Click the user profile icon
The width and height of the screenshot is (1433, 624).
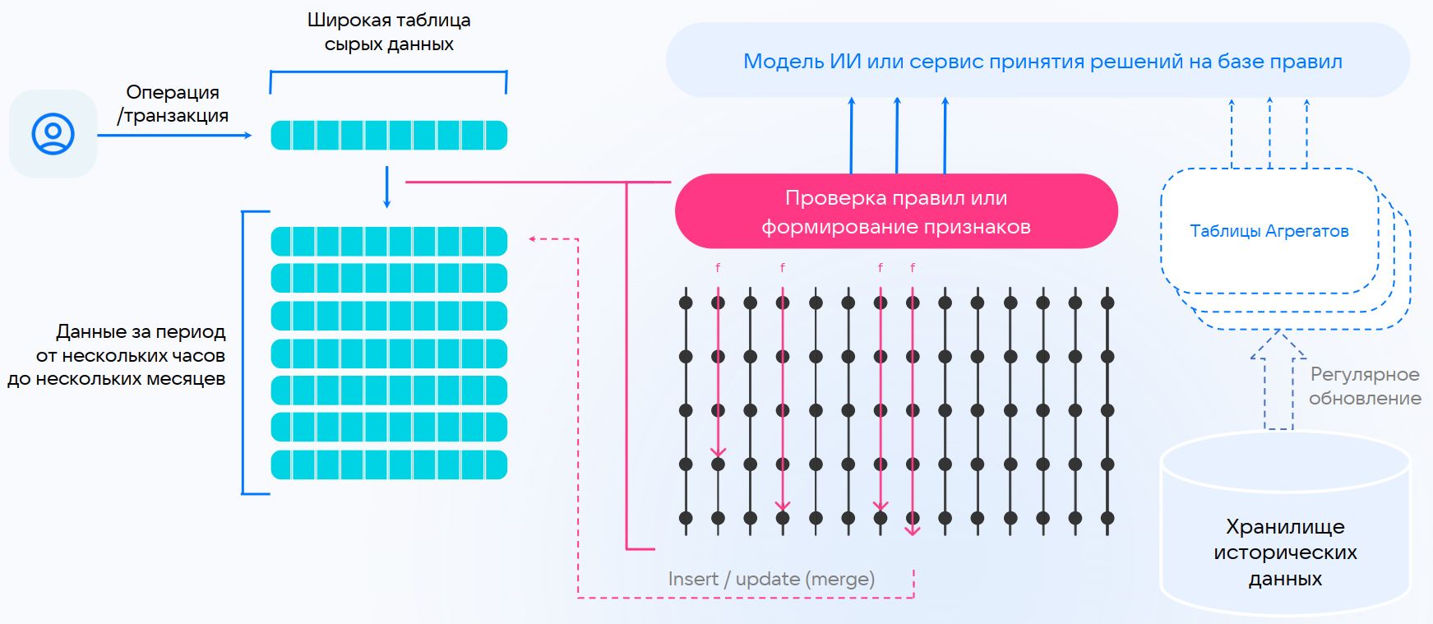coord(53,133)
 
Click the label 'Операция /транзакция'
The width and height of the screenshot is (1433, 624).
coord(173,104)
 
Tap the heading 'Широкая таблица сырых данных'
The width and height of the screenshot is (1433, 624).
coord(389,32)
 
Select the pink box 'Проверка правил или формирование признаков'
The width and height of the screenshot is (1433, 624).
coord(896,211)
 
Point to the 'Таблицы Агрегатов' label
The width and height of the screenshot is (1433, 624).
coord(1269,231)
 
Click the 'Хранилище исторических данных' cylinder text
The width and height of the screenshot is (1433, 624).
coord(1285,552)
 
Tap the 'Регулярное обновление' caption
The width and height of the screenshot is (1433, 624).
coord(1365,386)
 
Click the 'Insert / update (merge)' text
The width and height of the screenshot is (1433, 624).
coord(771,579)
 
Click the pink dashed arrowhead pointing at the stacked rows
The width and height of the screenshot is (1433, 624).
coord(533,239)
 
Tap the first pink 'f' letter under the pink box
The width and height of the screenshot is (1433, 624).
coord(718,268)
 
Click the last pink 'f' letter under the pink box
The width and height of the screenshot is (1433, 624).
coord(913,268)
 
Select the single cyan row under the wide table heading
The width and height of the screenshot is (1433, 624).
coord(389,135)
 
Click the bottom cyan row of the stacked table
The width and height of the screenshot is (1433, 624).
coord(389,465)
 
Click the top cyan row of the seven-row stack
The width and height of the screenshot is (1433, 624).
coord(389,242)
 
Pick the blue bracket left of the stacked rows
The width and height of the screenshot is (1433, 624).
coord(244,353)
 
